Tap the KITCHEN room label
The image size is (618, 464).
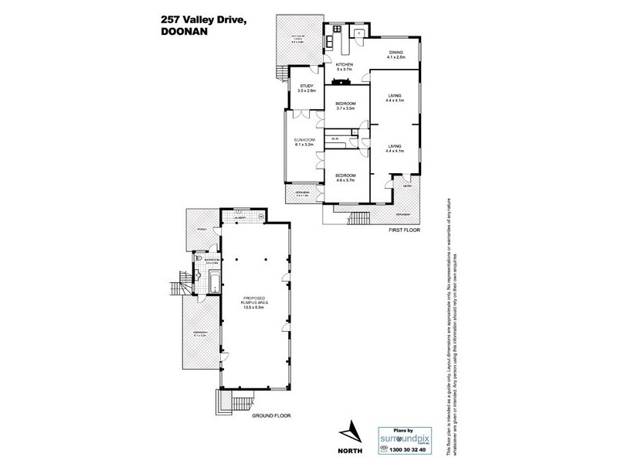tap(344, 64)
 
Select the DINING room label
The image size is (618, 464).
tap(396, 53)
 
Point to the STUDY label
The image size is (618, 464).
tap(307, 86)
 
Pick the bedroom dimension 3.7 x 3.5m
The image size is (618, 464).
tap(345, 108)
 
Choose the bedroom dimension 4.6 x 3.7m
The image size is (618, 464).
tap(345, 180)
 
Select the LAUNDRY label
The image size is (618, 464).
tap(240, 218)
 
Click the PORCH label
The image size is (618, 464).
tap(201, 229)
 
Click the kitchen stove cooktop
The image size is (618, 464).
tap(336, 80)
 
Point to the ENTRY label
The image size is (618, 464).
tap(406, 185)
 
